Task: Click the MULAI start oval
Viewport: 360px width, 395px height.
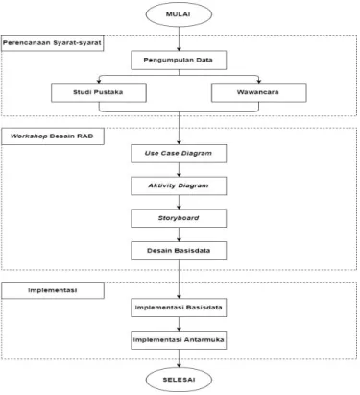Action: (x=179, y=14)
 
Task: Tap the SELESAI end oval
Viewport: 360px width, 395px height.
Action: (x=179, y=380)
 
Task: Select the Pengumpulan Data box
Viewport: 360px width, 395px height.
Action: (x=179, y=60)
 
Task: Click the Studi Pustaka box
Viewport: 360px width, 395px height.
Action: (x=99, y=92)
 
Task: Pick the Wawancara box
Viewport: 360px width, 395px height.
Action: (x=258, y=92)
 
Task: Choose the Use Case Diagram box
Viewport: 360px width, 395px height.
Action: (x=179, y=154)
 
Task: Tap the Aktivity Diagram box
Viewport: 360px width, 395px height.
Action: (x=179, y=185)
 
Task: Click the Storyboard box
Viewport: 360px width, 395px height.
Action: (x=179, y=218)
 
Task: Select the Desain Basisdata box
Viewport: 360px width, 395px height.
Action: (x=179, y=251)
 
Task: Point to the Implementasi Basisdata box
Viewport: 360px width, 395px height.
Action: (x=179, y=308)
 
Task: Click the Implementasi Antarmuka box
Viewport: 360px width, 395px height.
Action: (x=179, y=340)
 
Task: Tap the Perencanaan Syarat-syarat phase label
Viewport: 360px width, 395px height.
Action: (x=53, y=43)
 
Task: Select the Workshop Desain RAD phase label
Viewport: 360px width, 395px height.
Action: (x=53, y=136)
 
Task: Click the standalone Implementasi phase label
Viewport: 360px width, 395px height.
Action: (x=53, y=290)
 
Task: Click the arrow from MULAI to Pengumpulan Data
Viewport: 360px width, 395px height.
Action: (x=179, y=38)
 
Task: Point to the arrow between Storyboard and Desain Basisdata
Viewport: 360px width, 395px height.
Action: (x=179, y=235)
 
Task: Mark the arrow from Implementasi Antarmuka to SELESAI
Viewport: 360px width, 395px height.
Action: (x=179, y=358)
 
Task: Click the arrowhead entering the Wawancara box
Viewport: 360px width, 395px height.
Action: (x=259, y=81)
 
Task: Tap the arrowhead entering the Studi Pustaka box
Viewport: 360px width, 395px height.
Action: (x=99, y=81)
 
